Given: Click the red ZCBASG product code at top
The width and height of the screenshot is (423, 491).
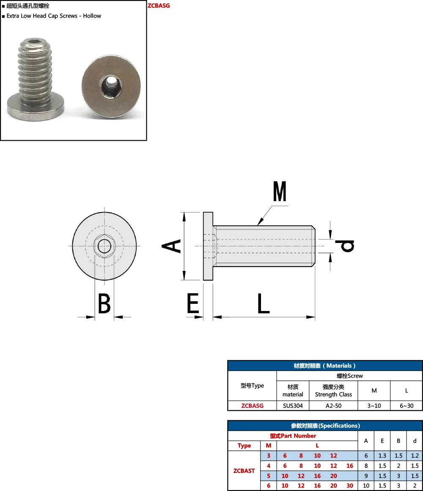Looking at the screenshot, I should pos(159,6).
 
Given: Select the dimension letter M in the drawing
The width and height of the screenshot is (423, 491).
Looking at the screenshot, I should pos(280,192).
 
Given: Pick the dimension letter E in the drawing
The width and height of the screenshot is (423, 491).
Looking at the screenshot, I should pos(193,304).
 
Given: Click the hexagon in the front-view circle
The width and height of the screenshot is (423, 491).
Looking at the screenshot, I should pos(104,245).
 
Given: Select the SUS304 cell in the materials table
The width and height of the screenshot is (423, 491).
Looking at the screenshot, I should pos(293,406).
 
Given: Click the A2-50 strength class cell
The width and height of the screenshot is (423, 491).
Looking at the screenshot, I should pos(333,406).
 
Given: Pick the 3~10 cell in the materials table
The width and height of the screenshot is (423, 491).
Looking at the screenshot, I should pos(374,406).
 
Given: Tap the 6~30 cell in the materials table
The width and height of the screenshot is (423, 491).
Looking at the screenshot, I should pos(407,406).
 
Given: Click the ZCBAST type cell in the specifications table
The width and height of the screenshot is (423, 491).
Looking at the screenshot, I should pos(244,471).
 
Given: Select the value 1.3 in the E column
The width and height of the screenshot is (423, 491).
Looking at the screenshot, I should pos(382,456).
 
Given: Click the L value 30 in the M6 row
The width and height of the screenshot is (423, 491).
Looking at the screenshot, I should pos(350,486).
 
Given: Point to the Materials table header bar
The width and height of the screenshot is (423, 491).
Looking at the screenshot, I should pos(325,366).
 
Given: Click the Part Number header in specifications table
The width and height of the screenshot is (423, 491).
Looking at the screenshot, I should pos(293,436).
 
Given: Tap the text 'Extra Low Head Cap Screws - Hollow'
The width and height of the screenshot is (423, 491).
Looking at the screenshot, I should pos(54,16).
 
